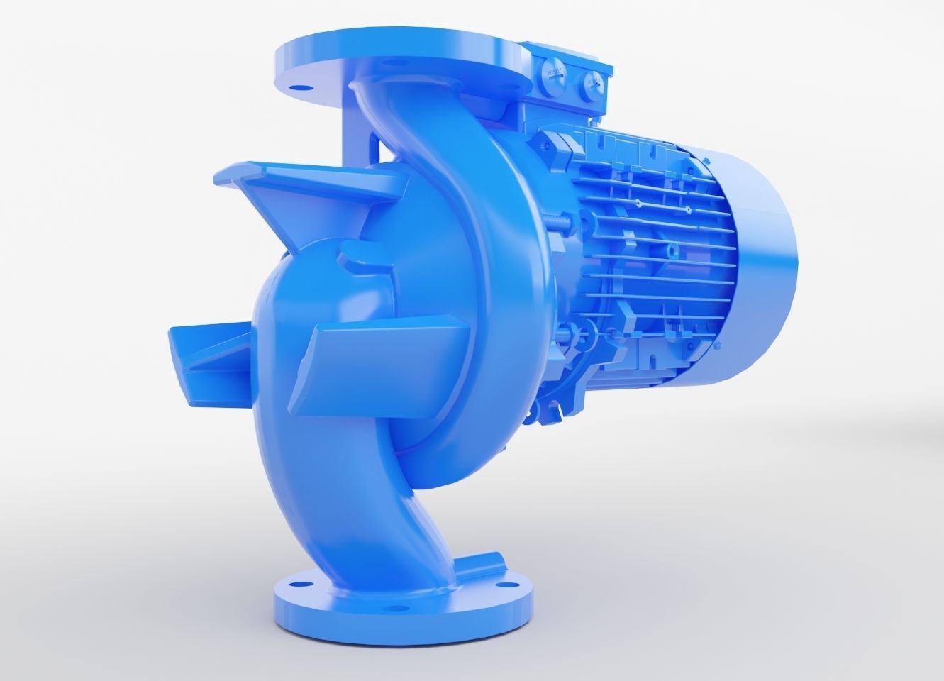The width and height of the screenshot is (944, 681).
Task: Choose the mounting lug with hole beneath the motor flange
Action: tap(546, 407)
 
